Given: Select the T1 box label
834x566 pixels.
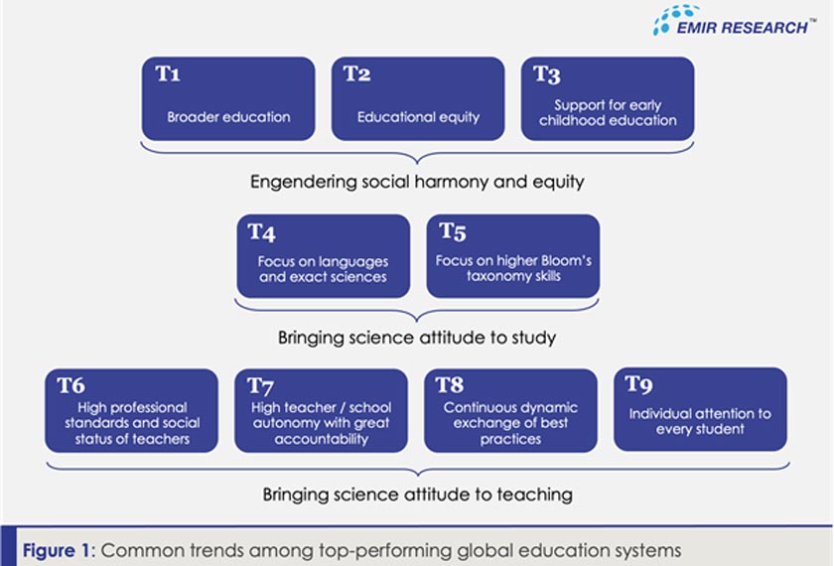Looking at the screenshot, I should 168,74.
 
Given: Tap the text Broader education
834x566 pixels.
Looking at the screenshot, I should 228,117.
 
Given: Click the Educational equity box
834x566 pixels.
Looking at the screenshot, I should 418,99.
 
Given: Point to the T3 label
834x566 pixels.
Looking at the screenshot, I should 546,74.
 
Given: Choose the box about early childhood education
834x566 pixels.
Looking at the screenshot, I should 608,99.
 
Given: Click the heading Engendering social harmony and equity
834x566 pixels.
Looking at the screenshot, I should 416,182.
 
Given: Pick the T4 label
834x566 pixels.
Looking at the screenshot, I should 262,232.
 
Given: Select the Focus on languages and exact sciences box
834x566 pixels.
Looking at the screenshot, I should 323,256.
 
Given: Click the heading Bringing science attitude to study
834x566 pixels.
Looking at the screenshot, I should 416,338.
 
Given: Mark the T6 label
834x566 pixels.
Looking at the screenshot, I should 71,386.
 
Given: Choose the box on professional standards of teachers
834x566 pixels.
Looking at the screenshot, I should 131,411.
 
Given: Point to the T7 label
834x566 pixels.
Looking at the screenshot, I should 260,386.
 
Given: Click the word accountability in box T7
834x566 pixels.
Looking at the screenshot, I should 321,439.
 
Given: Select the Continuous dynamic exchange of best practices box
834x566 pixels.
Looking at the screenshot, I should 510,411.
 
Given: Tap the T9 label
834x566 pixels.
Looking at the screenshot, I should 640,386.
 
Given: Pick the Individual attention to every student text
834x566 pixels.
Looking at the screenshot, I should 700,421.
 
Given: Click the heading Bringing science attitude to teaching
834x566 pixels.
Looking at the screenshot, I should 417,494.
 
